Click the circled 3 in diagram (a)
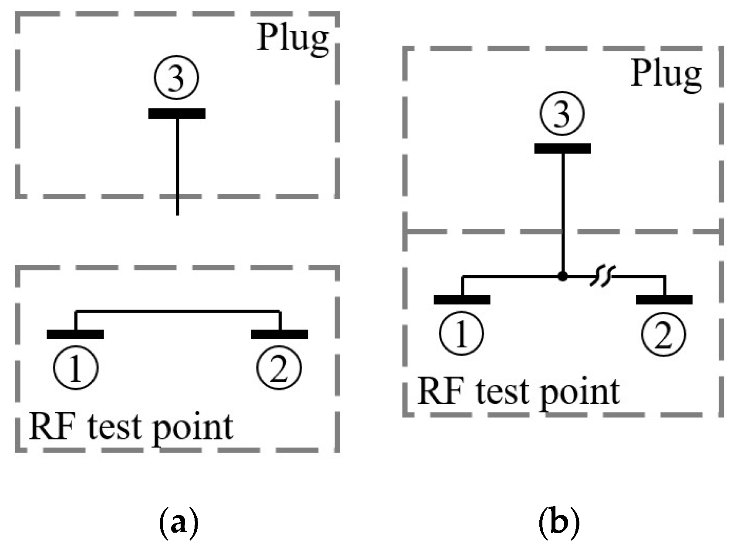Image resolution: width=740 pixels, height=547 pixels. [x=176, y=79]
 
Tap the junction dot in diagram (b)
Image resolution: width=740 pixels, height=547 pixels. [x=562, y=276]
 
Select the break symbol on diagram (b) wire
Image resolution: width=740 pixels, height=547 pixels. [x=602, y=277]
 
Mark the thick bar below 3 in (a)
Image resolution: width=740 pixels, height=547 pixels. [x=177, y=114]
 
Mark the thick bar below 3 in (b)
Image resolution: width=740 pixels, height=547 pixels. [x=562, y=149]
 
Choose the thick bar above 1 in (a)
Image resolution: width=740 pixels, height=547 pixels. [x=75, y=334]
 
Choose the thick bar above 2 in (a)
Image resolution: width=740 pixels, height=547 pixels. [x=279, y=334]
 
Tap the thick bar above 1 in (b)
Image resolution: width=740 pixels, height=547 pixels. [x=462, y=300]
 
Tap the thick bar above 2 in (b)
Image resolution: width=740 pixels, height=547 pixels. [x=664, y=300]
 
